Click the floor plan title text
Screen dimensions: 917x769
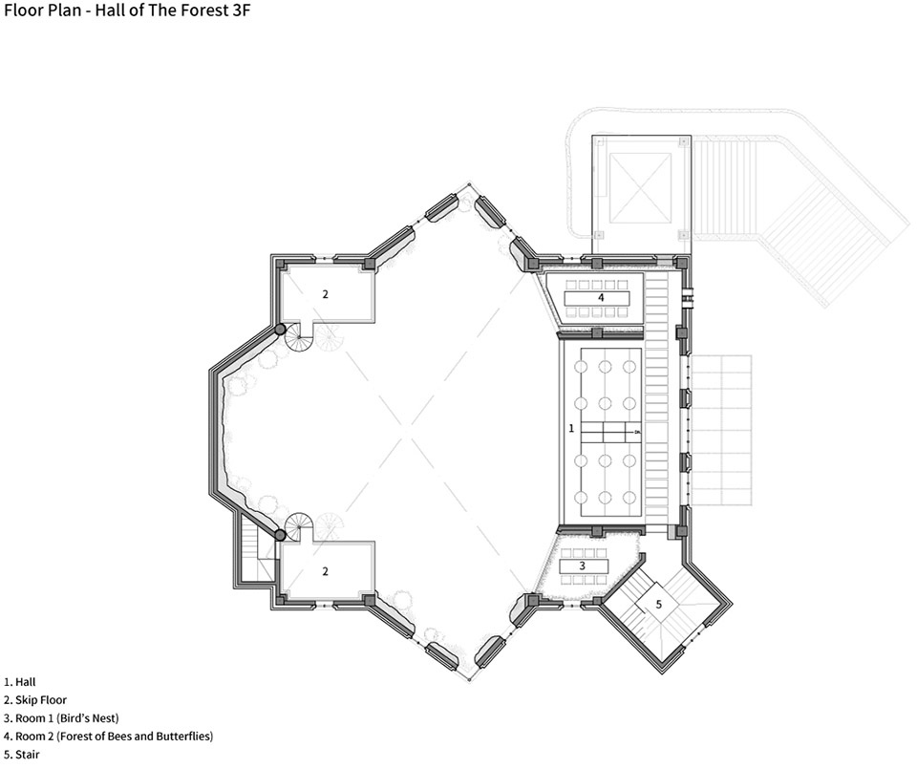pos(127,10)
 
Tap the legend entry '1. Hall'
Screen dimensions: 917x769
pos(20,682)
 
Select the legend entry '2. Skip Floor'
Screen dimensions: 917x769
pos(35,700)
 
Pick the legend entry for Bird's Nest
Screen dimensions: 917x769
pos(61,718)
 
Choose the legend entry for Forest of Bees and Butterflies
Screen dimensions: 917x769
pos(108,737)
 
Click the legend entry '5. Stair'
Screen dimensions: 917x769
pos(22,755)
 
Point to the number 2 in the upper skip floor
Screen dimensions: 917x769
pos(325,294)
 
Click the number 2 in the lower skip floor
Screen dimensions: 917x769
pos(325,571)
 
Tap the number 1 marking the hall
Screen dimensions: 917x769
pos(571,429)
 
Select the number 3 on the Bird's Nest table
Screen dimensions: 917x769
pos(583,566)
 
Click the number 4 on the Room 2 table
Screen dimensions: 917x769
pos(601,297)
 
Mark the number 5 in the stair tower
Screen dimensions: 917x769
pos(658,604)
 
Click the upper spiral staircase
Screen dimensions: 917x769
pos(299,336)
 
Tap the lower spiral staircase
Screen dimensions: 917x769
pos(299,525)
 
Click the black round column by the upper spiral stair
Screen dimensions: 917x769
pos(281,330)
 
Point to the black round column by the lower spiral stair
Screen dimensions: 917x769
pos(281,535)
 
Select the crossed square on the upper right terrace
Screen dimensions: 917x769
pos(640,188)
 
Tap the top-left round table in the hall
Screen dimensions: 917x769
pos(581,367)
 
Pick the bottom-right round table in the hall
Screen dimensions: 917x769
pos(629,498)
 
